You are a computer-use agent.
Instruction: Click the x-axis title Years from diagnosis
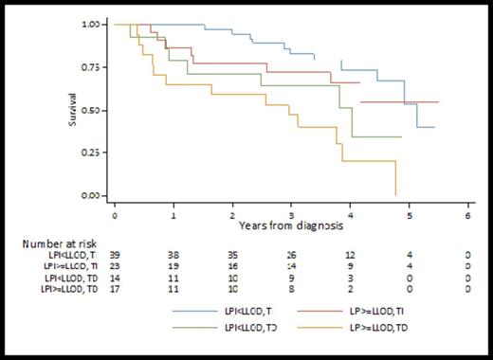[291, 226]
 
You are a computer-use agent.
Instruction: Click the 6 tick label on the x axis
[468, 215]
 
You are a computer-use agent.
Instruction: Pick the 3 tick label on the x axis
[291, 215]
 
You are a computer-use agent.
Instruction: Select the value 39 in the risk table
[115, 256]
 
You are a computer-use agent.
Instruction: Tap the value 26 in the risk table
[291, 256]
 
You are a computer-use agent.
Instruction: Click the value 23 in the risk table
[115, 268]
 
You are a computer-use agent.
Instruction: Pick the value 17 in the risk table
[115, 293]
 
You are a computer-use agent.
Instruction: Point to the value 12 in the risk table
[351, 256]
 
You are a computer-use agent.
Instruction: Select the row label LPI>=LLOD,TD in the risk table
[68, 293]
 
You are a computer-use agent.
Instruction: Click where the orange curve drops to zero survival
[395, 195]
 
